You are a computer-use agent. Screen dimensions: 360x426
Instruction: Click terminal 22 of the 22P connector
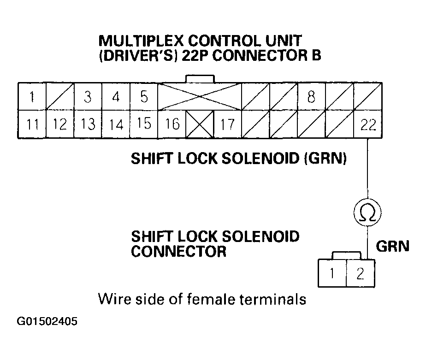368,124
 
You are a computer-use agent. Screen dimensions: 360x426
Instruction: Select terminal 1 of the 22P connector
32,97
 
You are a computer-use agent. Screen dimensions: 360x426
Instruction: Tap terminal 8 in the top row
311,97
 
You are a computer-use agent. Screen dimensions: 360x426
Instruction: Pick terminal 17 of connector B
228,124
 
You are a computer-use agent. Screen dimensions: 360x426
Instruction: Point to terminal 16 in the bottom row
172,124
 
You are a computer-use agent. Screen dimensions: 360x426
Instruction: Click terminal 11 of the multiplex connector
32,124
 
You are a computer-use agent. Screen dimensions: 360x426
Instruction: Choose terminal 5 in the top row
144,97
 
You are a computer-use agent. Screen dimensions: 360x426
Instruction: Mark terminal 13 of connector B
88,124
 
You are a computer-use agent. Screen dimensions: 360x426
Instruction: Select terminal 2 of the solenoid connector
361,273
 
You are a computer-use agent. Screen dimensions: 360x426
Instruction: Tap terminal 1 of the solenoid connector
332,273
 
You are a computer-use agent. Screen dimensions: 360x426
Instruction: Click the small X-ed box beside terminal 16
200,124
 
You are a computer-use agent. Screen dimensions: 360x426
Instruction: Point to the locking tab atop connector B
199,79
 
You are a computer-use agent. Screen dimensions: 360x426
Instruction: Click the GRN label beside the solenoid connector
392,247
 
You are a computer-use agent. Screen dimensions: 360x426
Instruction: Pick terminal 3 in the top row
88,97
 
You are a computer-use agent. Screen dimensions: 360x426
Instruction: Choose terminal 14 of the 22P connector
116,124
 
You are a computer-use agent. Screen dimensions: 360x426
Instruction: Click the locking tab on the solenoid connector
346,255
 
